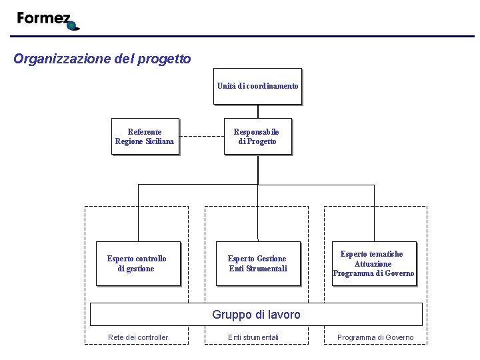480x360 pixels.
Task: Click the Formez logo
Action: click(47, 20)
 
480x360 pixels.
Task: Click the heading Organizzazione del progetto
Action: click(102, 59)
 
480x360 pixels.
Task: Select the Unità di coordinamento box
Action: click(257, 86)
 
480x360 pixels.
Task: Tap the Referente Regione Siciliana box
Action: click(145, 136)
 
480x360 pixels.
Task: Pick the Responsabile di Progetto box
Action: click(257, 136)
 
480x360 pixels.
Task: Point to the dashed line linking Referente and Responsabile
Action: click(201, 136)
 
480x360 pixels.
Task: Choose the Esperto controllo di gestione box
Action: click(138, 263)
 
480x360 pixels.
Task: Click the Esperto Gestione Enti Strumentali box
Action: click(258, 263)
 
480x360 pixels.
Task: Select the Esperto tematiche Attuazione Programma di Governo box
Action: click(373, 263)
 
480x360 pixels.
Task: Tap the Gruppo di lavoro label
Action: click(256, 315)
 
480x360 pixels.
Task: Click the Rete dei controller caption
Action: click(138, 337)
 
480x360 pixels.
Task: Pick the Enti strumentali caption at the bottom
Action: click(253, 337)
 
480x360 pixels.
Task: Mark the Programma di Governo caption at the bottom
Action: click(375, 337)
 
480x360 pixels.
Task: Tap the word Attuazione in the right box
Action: click(373, 264)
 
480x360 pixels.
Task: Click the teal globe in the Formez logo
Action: click(73, 26)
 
